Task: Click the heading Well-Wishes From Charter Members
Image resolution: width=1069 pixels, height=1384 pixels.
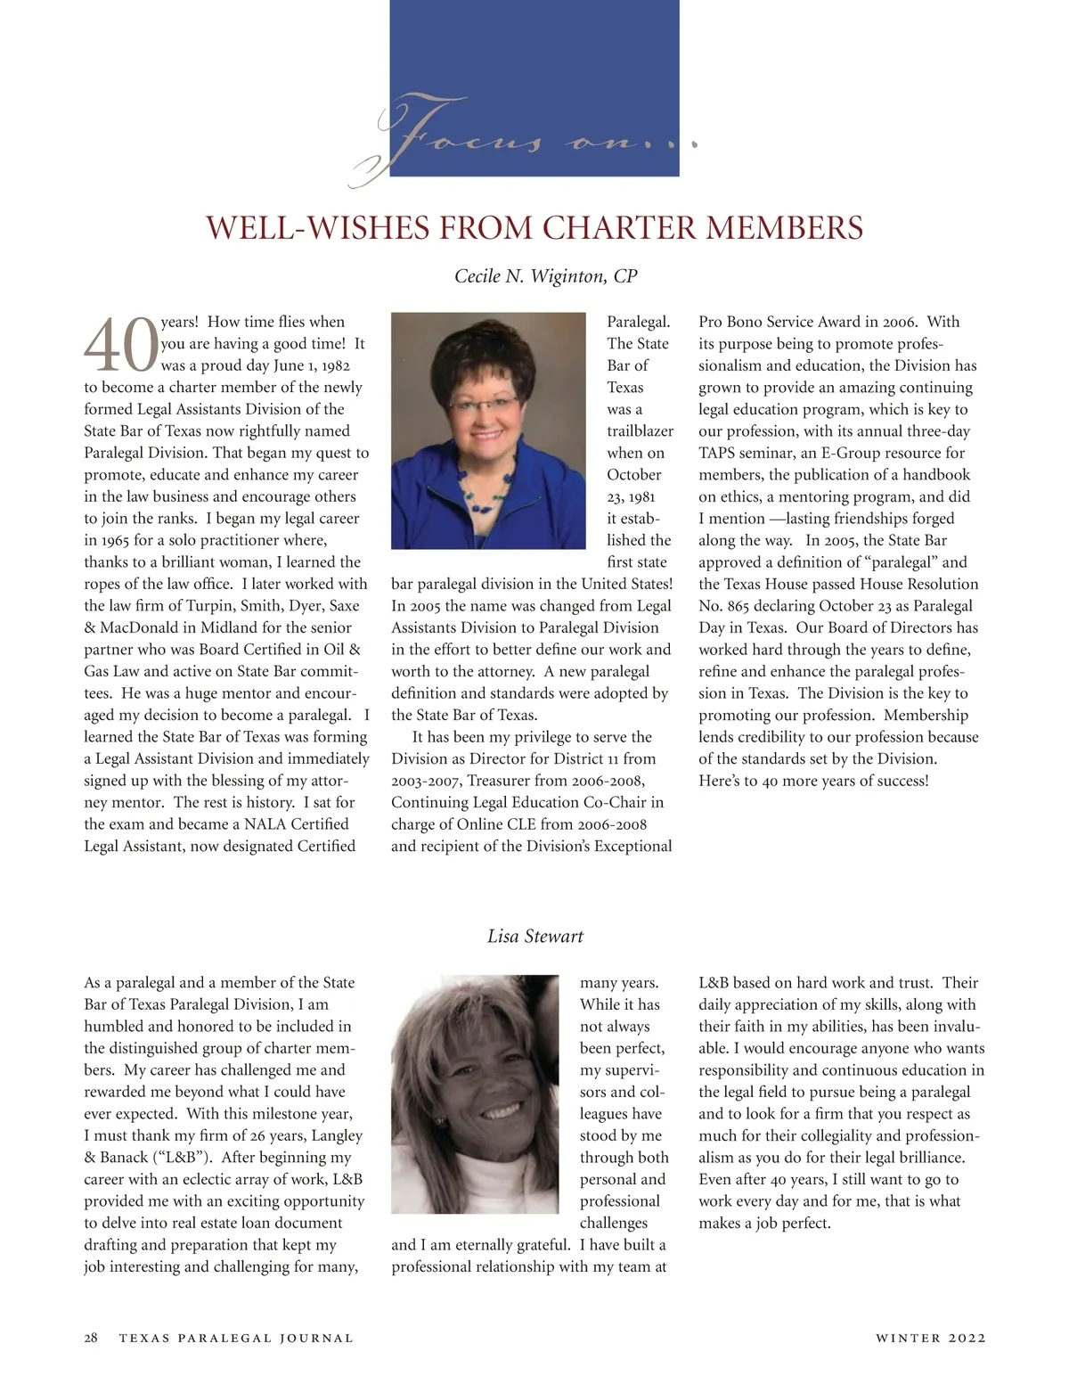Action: (x=534, y=228)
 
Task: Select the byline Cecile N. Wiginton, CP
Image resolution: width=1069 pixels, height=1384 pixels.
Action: (x=546, y=276)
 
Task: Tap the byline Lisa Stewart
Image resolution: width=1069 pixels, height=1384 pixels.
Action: (x=535, y=936)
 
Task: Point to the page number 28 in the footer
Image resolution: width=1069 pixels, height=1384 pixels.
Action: (x=91, y=1338)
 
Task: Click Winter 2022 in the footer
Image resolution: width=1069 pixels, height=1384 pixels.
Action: (x=930, y=1338)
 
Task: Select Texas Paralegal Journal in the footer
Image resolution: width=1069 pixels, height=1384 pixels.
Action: (x=236, y=1338)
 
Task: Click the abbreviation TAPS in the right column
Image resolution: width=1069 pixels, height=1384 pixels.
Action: (x=720, y=453)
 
